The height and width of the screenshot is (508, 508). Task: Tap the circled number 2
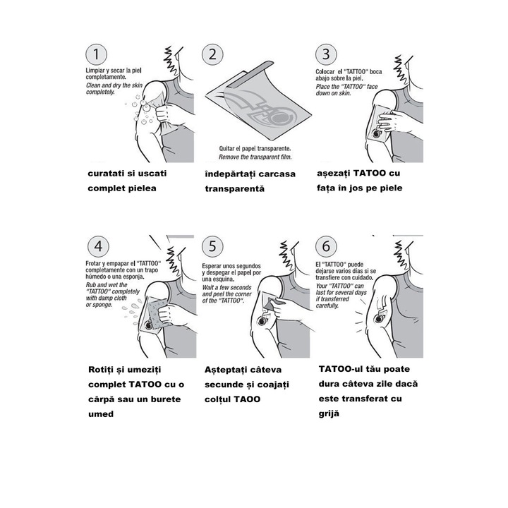pyautogui.click(x=210, y=54)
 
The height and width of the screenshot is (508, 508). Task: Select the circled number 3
pyautogui.click(x=325, y=54)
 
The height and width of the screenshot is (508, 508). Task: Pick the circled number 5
pyautogui.click(x=211, y=246)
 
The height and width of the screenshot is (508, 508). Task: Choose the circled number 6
pyautogui.click(x=325, y=246)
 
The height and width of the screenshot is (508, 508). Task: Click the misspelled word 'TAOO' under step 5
pyautogui.click(x=246, y=400)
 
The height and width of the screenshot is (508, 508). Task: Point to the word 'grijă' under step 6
pyautogui.click(x=329, y=414)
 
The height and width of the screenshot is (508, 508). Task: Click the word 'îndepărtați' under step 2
pyautogui.click(x=231, y=174)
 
